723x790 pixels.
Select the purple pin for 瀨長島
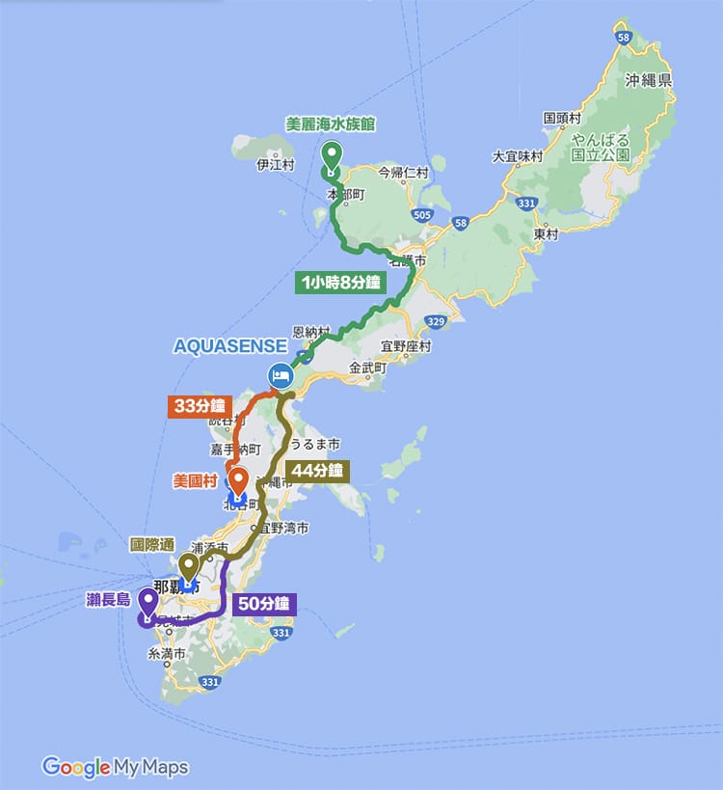pyautogui.click(x=148, y=604)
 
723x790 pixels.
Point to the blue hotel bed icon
pyautogui.click(x=279, y=374)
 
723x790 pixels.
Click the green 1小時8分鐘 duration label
pyautogui.click(x=338, y=283)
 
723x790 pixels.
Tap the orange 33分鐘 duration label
pyautogui.click(x=201, y=405)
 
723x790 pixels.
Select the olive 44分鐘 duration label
pyautogui.click(x=317, y=471)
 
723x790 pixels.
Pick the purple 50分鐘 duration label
pyautogui.click(x=264, y=605)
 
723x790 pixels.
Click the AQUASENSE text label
pyautogui.click(x=229, y=346)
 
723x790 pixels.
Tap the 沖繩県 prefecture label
pyautogui.click(x=647, y=81)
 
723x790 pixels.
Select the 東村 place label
pyautogui.click(x=546, y=233)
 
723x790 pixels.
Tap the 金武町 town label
pyautogui.click(x=367, y=368)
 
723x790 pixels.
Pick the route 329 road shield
pyautogui.click(x=436, y=321)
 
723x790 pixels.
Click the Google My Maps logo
pyautogui.click(x=115, y=767)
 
